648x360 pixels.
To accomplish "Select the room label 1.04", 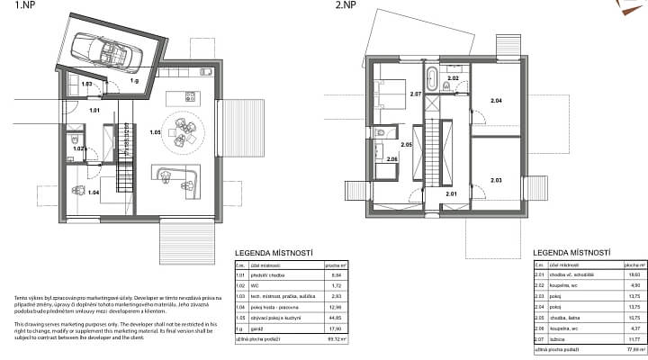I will coord(93,192).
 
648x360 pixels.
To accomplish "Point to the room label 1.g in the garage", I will coord(134,81).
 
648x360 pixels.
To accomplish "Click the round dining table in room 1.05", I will coord(184,130).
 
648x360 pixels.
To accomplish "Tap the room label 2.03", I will coord(496,180).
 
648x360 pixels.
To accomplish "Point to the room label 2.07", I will coord(415,94).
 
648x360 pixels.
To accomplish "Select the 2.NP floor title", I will coord(345,5).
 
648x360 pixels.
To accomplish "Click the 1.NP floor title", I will coord(14,5).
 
